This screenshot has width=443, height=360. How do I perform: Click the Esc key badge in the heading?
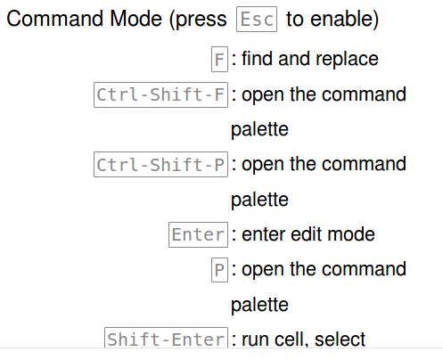pos(258,19)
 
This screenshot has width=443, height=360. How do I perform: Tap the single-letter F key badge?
pos(219,60)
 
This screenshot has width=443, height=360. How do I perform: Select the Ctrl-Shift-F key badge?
pos(160,94)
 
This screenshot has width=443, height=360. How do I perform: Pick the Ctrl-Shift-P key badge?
pos(160,165)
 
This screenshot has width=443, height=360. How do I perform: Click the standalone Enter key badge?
pos(198,235)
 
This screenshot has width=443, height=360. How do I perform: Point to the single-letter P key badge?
pos(219,270)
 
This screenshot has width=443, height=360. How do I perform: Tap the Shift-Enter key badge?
pos(166,340)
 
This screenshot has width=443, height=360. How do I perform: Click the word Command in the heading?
pos(53,19)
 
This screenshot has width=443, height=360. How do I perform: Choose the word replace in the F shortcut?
pos(347,60)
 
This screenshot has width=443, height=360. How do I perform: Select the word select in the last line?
pos(340,340)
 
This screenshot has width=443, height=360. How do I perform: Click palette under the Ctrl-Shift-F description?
pos(259,130)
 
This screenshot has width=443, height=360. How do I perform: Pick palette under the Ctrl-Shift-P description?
pos(259,200)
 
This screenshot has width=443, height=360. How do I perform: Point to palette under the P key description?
pos(259,306)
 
